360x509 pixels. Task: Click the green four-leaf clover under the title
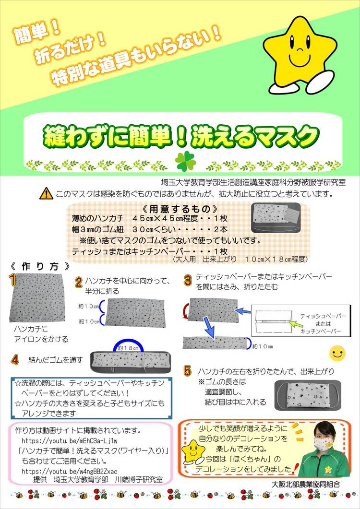tap(186, 161)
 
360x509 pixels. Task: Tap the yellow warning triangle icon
tap(47, 193)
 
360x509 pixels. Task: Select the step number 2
tap(79, 282)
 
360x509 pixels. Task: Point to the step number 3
tap(188, 280)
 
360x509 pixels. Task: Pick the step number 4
tap(15, 359)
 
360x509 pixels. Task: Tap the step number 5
tap(188, 370)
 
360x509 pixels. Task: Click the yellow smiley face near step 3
tap(337, 353)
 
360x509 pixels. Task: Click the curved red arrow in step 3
tap(186, 311)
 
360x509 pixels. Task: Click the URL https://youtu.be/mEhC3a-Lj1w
tap(70, 441)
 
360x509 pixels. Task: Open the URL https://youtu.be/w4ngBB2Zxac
tap(70, 471)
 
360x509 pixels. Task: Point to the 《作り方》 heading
tap(40, 267)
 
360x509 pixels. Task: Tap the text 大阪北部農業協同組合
tap(306, 485)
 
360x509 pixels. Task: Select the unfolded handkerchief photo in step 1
tap(37, 297)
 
